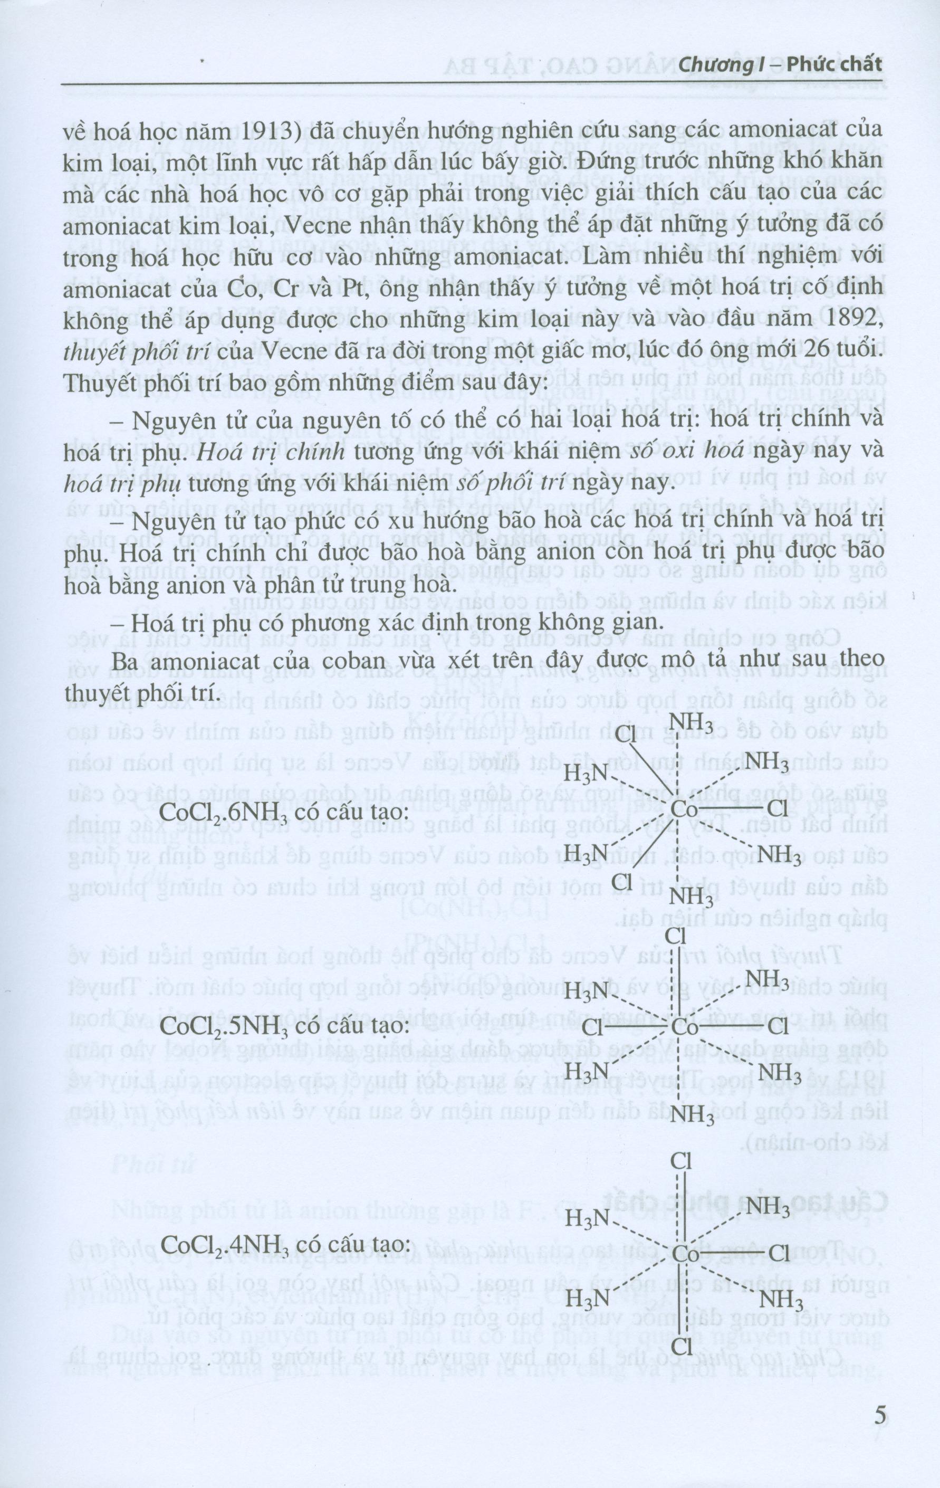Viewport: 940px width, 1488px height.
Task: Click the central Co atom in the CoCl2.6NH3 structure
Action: [x=683, y=809]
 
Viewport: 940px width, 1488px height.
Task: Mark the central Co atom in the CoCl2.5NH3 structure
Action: [x=683, y=1028]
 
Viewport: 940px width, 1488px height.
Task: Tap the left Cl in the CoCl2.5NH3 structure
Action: [x=592, y=1028]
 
